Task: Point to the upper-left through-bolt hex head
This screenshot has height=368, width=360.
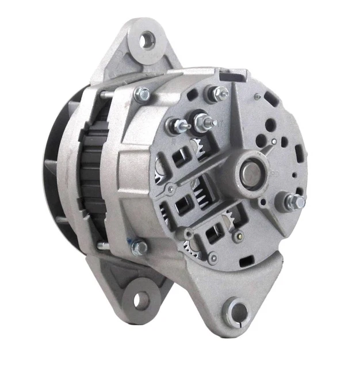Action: pos(141,94)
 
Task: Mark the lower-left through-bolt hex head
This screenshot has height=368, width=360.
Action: pos(139,248)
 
